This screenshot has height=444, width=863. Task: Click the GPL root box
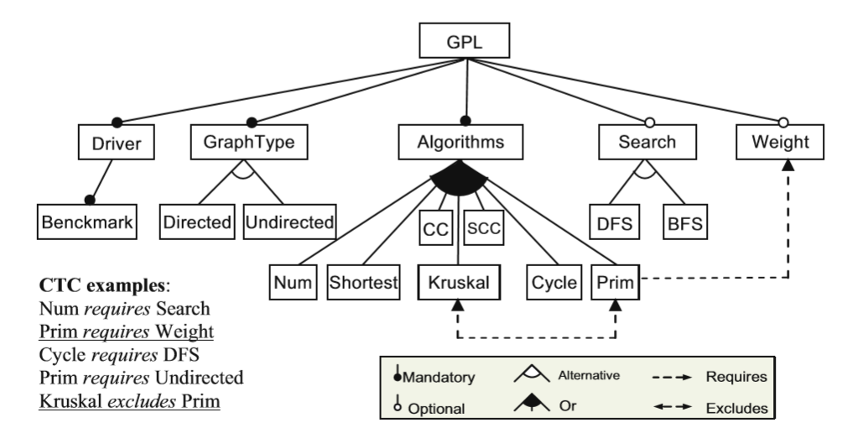[462, 39]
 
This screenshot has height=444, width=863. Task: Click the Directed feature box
[197, 224]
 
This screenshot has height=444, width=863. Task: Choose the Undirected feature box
[290, 224]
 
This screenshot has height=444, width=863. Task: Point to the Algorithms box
[462, 143]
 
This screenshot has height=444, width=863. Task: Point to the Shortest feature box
[364, 283]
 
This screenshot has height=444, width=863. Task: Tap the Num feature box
[292, 283]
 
